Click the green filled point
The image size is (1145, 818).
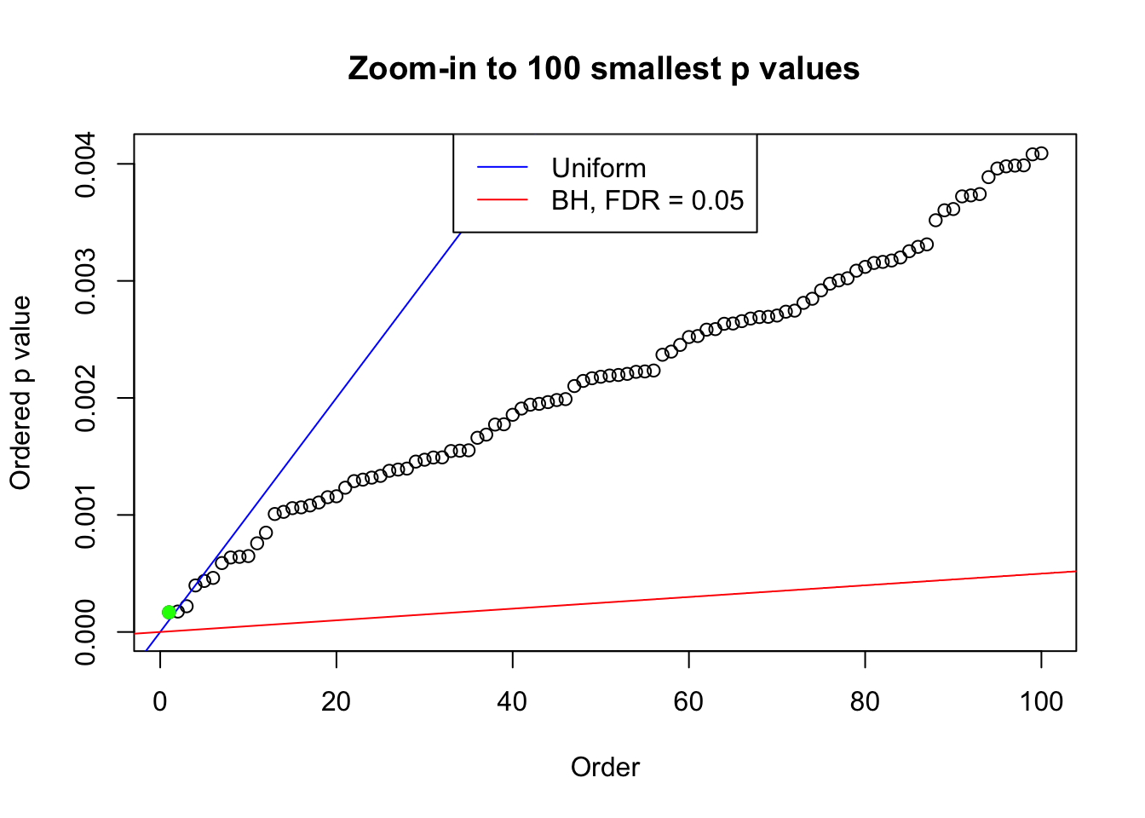pos(169,612)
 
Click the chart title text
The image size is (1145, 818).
pos(604,68)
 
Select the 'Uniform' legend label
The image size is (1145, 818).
pos(598,168)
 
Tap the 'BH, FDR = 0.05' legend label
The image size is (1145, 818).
pos(647,200)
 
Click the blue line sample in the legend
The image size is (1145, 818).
pos(503,168)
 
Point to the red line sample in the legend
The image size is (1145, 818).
pos(503,200)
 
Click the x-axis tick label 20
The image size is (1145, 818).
pos(337,701)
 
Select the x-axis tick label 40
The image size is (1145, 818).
pos(513,701)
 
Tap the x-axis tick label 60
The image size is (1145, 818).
pos(688,701)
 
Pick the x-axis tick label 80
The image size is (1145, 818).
pos(865,701)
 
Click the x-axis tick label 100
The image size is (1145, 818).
pos(1041,701)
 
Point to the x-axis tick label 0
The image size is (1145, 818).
pos(160,701)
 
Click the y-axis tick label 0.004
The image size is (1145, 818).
pos(85,164)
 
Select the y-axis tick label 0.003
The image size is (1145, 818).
pos(85,281)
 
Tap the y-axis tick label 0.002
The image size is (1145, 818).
pos(85,398)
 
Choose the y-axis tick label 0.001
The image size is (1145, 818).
pos(85,515)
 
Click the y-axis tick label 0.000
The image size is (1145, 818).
pos(85,631)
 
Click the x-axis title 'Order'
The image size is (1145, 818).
pos(605,767)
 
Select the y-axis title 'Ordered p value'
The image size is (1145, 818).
pos(20,393)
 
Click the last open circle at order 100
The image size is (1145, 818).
pos(1041,153)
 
